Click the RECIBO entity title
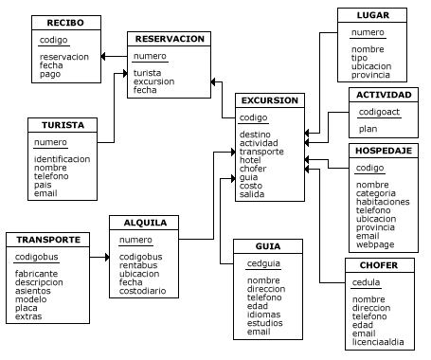pos(65,23)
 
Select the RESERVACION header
pos(170,39)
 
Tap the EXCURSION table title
pos(270,100)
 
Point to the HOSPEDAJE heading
pos(384,151)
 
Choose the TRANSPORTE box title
pos(47,239)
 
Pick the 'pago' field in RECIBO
pos(50,74)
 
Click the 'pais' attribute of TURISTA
pos(43,185)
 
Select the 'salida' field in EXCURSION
pos(252,193)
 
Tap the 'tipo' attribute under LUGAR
pos(360,58)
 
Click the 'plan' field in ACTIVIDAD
pos(368,129)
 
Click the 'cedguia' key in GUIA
pos(263,262)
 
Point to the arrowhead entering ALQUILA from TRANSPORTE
pos(106,257)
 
